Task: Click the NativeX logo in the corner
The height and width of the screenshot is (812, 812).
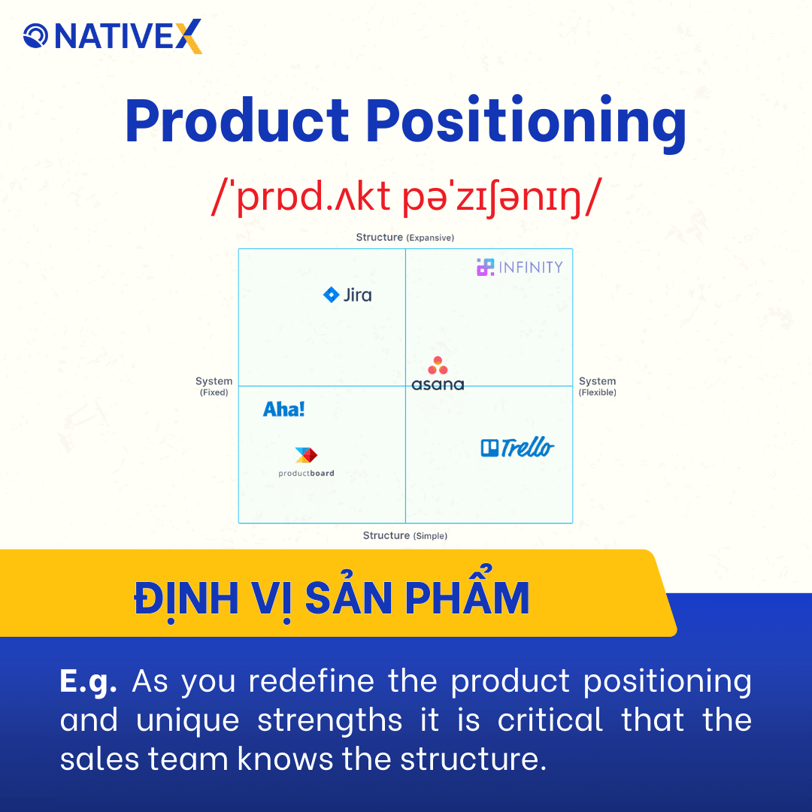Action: tap(113, 36)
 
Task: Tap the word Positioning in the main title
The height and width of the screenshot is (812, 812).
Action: tap(526, 122)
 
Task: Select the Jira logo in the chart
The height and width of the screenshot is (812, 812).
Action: tap(347, 295)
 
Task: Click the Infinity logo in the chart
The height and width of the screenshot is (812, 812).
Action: tap(520, 267)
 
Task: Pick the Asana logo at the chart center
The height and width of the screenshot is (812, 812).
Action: tap(438, 374)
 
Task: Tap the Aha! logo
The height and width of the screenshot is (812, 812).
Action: tap(284, 410)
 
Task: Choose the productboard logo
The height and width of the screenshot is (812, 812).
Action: tap(306, 462)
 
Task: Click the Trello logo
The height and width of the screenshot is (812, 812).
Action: tap(517, 448)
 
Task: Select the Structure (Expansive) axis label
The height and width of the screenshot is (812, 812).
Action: tap(405, 238)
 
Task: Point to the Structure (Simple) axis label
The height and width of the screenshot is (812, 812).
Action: tap(405, 536)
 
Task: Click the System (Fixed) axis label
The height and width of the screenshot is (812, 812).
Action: tap(214, 386)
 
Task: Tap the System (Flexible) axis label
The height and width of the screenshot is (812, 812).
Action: tap(597, 386)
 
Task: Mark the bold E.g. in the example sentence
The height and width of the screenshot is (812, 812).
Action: tap(89, 681)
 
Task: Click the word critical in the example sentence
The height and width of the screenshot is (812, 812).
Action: tap(550, 720)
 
